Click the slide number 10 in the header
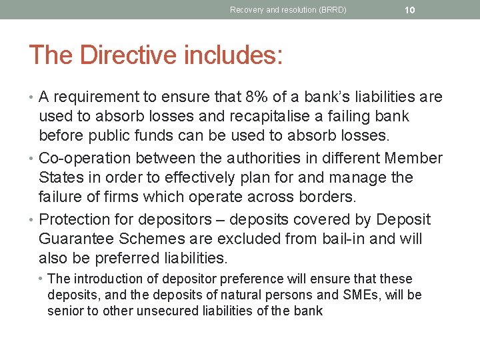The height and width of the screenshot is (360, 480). click(410, 10)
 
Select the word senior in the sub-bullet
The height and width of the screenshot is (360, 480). click(65, 311)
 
